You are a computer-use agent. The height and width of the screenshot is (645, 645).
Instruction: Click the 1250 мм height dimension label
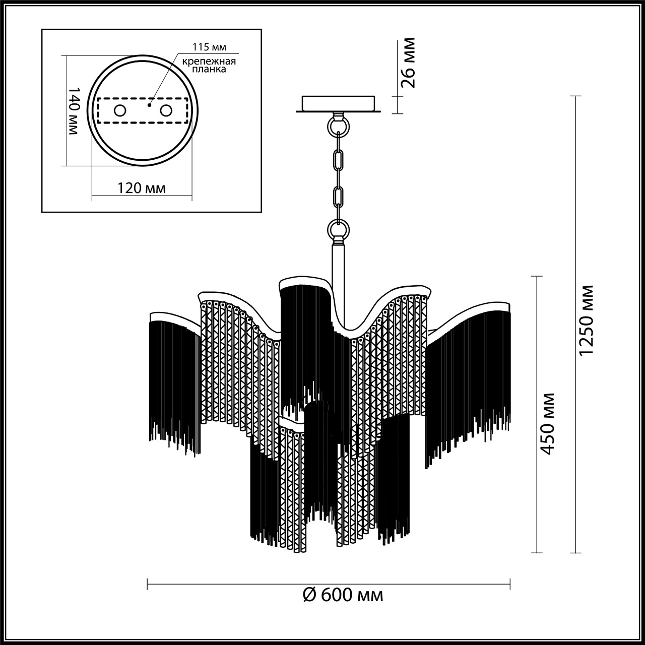(x=587, y=320)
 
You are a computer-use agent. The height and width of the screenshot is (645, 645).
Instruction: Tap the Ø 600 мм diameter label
(x=344, y=595)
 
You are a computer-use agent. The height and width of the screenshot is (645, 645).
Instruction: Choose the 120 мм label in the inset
(x=142, y=188)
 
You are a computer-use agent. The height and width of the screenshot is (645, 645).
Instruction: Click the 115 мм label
(x=209, y=47)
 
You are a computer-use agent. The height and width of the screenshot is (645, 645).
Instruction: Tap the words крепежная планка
(x=209, y=66)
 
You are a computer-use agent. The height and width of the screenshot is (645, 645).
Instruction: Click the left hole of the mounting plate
(x=120, y=110)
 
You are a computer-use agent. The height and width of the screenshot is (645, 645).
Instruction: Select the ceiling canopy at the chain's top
(x=338, y=104)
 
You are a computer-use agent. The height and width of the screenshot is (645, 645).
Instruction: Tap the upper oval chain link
(x=338, y=159)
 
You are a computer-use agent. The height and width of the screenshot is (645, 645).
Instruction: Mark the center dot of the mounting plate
(x=149, y=106)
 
